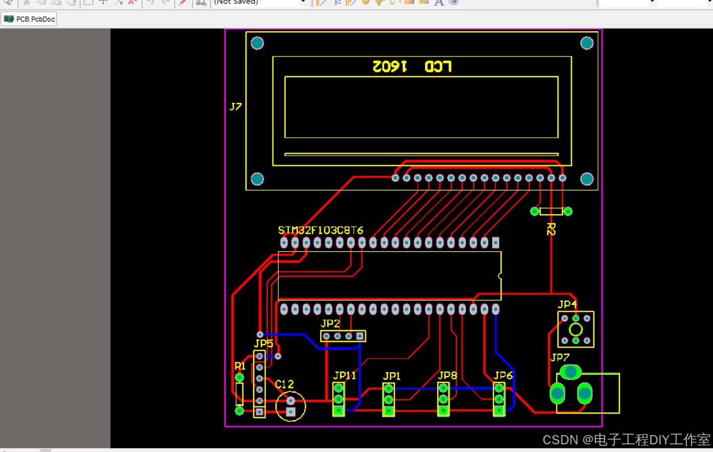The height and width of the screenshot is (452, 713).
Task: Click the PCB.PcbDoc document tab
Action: pyautogui.click(x=30, y=19)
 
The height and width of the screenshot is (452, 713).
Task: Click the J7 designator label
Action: pyautogui.click(x=235, y=106)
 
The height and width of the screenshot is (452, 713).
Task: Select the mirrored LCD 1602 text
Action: pyautogui.click(x=412, y=67)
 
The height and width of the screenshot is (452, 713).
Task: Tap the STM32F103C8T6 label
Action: pyautogui.click(x=321, y=230)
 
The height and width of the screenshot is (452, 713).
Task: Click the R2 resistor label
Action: pyautogui.click(x=551, y=229)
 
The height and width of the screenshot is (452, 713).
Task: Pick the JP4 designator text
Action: pyautogui.click(x=567, y=304)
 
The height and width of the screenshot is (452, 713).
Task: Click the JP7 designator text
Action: pyautogui.click(x=560, y=357)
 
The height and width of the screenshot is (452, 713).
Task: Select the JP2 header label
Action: pyautogui.click(x=330, y=324)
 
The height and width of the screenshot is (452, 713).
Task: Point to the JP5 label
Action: pyautogui.click(x=263, y=343)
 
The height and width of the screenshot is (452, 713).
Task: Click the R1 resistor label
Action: pyautogui.click(x=240, y=366)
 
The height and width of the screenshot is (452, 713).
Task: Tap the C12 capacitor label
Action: pyautogui.click(x=284, y=384)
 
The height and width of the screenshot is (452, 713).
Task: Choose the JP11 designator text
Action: pyautogui.click(x=344, y=376)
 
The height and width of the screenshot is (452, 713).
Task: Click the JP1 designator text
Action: pyautogui.click(x=392, y=376)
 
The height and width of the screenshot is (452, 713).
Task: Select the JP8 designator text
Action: pyautogui.click(x=448, y=375)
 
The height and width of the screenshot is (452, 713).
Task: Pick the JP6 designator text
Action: pyautogui.click(x=503, y=375)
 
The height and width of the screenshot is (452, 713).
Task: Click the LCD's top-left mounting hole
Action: pyautogui.click(x=257, y=43)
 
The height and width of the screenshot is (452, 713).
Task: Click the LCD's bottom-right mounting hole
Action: pyautogui.click(x=587, y=179)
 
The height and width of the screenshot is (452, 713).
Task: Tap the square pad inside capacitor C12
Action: pyautogui.click(x=291, y=412)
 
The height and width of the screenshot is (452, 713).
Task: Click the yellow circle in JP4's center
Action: pyautogui.click(x=575, y=330)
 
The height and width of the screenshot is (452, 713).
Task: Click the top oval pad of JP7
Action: pyautogui.click(x=570, y=372)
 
